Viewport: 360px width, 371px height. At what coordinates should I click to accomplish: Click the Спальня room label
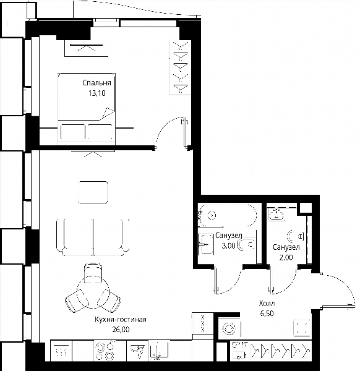pos(96,83)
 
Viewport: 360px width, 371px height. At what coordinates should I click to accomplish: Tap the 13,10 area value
pos(97,93)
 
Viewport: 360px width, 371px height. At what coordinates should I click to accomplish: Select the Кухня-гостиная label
pos(121,320)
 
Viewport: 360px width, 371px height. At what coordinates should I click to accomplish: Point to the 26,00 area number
pos(121,330)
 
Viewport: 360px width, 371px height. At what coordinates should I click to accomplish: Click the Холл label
pos(267,303)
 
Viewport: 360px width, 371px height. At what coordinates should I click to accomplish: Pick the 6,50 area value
pos(267,313)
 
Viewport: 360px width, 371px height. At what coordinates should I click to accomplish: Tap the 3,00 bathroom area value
pos(228,246)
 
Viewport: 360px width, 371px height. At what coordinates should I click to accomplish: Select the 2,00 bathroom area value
pos(286,257)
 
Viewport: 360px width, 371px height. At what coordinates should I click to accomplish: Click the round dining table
pos(93,292)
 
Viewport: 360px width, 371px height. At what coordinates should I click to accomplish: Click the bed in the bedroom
pos(86,109)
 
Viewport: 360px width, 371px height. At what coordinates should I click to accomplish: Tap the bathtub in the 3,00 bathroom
pos(228,215)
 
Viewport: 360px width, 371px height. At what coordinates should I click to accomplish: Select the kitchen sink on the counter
pos(159,350)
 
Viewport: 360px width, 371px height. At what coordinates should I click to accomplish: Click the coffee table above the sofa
pos(93,192)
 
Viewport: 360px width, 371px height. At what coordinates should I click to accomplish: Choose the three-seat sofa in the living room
pos(93,237)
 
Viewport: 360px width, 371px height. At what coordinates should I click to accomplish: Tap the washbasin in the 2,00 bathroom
pos(276,215)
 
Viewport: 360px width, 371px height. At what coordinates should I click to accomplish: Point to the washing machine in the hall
pos(229,329)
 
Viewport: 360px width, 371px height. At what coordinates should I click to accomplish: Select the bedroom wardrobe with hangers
pos(180,67)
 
